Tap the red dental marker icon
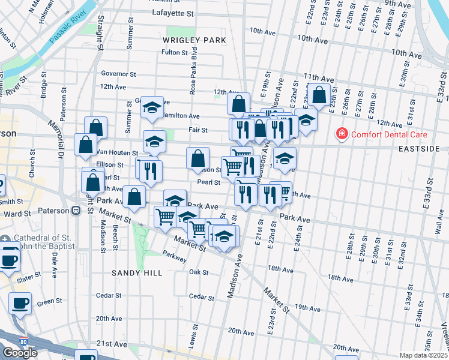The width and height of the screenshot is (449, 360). tap(342, 133)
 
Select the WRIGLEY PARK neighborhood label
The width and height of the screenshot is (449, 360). tap(194, 40)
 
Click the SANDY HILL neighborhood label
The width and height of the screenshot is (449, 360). tap(137, 272)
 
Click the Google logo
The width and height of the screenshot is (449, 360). tap(20, 353)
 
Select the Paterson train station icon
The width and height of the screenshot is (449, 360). tap(76, 211)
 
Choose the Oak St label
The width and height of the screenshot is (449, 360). tap(198, 272)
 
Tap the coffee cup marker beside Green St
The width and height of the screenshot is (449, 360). tap(20, 303)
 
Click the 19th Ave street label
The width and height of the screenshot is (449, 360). tap(307, 308)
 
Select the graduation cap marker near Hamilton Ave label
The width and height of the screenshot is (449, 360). tap(152, 108)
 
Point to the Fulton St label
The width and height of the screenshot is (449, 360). tap(175, 53)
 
